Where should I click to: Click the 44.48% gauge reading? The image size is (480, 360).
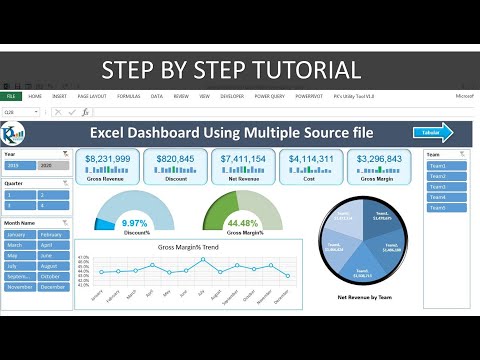pos(243,222)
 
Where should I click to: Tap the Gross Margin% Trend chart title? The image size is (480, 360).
pos(188,244)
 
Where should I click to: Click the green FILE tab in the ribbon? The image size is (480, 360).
pos(13,96)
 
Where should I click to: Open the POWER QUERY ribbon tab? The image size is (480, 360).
pos(269,96)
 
